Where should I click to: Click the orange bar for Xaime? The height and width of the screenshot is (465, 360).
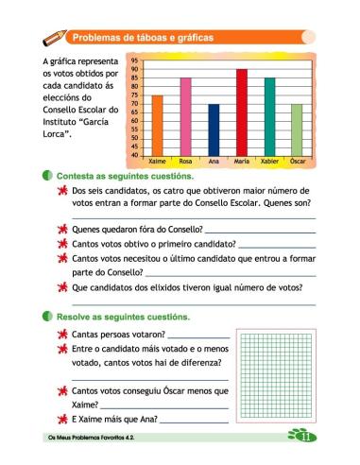157,125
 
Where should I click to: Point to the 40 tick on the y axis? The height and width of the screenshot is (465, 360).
134,154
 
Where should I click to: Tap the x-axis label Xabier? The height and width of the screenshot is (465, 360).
269,162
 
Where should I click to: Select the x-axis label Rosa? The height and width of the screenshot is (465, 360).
185,162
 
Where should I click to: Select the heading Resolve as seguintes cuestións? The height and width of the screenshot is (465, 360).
123,317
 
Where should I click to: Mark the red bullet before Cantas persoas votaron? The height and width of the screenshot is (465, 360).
61,335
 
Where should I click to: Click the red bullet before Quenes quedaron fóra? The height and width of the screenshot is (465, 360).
61,230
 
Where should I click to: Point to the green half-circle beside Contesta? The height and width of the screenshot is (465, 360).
48,177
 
